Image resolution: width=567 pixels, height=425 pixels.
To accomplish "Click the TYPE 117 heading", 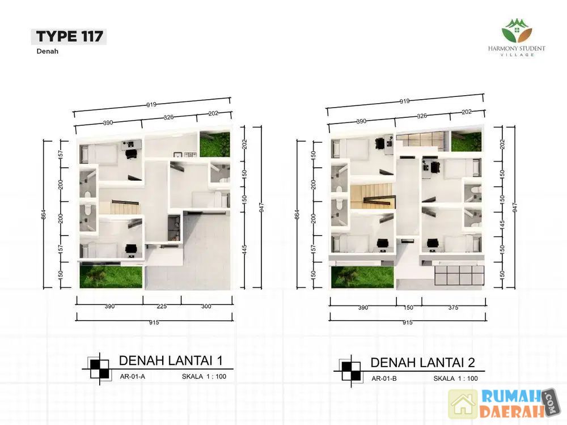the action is point(69,36).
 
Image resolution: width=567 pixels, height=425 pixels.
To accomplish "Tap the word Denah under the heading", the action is point(48,52).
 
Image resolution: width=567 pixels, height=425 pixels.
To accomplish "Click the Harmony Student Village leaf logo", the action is point(517,31).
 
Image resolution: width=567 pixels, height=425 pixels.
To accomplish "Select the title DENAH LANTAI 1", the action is point(171,360).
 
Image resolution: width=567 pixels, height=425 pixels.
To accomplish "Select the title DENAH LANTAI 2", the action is point(422,363).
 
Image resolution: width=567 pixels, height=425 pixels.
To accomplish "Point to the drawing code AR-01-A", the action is point(132,377).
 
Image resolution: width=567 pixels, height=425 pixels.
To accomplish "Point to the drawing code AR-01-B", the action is point(384,379).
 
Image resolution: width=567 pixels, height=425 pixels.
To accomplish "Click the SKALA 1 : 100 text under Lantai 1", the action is point(204,377).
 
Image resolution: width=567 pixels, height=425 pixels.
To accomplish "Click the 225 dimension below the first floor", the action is point(162,307).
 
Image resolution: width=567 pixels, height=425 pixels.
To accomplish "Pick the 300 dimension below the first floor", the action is point(206,307).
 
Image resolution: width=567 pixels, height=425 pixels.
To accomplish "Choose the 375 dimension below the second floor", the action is point(453,308).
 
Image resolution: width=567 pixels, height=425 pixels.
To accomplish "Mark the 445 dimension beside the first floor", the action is point(244,250).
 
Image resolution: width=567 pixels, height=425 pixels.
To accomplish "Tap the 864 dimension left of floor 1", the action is point(44,215).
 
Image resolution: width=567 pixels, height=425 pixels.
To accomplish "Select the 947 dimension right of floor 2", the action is point(515,207).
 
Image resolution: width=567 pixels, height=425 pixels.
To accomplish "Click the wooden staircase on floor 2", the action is point(371,196).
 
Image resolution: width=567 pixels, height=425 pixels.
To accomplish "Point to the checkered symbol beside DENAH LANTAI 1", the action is point(99,369).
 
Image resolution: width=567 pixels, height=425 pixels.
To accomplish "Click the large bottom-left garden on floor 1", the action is point(111,277).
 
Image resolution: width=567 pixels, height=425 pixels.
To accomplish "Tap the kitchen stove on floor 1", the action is point(189,155).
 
